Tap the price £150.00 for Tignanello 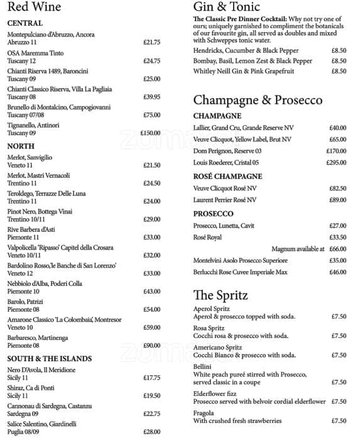pos(150,133)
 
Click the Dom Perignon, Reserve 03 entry pos(227,151)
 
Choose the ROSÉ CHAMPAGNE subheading pos(227,177)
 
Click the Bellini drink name pos(202,366)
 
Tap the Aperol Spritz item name pos(212,309)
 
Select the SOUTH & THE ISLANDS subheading pos(50,359)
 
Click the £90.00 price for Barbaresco pos(151,346)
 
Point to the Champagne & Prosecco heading pos(258,101)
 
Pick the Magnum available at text pos(298,249)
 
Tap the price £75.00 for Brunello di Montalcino pos(151,115)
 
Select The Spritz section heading pos(221,295)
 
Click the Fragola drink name pos(204,412)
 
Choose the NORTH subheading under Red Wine pos(21,146)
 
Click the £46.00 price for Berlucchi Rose pos(337,272)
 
